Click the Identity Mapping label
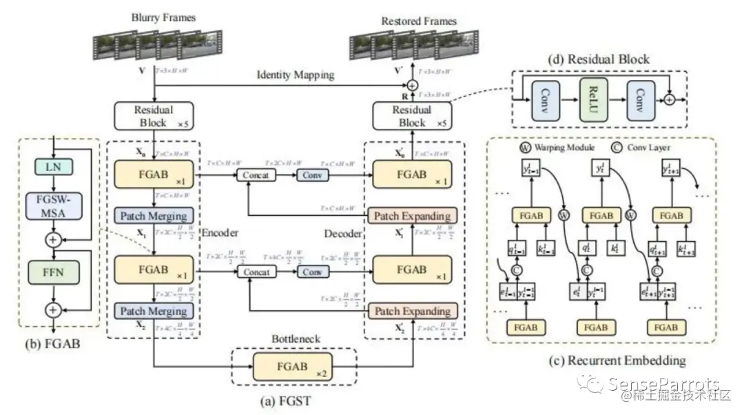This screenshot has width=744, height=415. click(296, 74)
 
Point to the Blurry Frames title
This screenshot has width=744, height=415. click(158, 18)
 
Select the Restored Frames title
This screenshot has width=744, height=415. click(419, 21)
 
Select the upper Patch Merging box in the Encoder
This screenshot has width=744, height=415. click(154, 216)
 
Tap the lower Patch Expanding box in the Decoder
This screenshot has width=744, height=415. click(411, 312)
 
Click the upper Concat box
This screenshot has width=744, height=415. click(254, 175)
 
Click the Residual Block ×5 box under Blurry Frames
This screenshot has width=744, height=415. click(154, 116)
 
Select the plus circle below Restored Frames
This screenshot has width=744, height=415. click(412, 85)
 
